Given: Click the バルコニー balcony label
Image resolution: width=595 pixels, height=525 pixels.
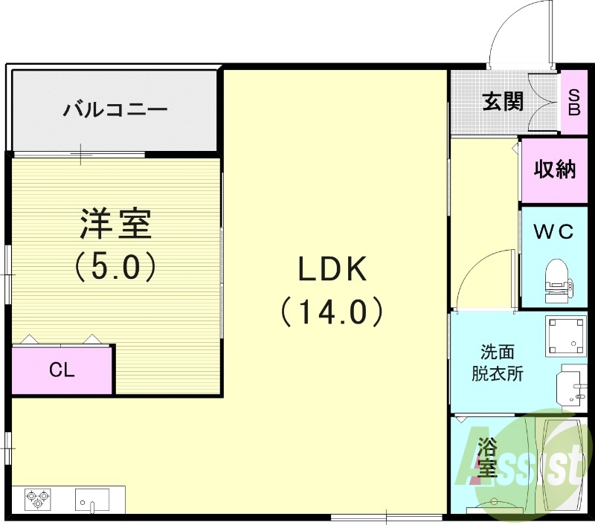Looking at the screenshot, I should point(115,111).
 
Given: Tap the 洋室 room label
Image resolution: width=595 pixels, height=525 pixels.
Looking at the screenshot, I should point(115,223).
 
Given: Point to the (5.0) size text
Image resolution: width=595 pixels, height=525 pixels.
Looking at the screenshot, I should point(115,266).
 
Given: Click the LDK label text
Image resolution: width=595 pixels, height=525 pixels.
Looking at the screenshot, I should point(332,269).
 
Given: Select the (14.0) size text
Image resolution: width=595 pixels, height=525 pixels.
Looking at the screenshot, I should point(332,312).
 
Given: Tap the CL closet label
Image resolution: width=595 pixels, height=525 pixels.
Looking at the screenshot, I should point(62,370).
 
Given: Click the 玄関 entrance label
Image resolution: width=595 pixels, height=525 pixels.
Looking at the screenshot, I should point(503,101).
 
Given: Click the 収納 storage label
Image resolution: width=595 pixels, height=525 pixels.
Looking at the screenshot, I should point(555,170).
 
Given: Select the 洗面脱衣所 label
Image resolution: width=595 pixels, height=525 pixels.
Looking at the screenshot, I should point(497,362).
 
